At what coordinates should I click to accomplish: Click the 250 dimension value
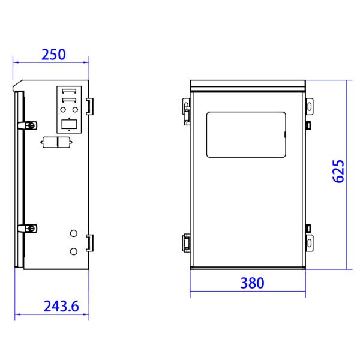(53, 54)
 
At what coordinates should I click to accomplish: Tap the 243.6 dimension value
(61, 307)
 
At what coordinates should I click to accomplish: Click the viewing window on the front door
(245, 134)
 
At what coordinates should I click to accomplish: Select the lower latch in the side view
(28, 229)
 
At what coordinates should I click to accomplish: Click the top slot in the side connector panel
(68, 92)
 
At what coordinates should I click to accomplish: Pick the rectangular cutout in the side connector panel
(68, 124)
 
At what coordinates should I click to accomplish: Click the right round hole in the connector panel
(74, 110)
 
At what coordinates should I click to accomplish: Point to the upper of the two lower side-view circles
(74, 233)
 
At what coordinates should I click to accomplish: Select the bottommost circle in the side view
(74, 251)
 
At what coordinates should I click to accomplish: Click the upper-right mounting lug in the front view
(309, 106)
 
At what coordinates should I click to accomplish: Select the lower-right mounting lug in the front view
(309, 242)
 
